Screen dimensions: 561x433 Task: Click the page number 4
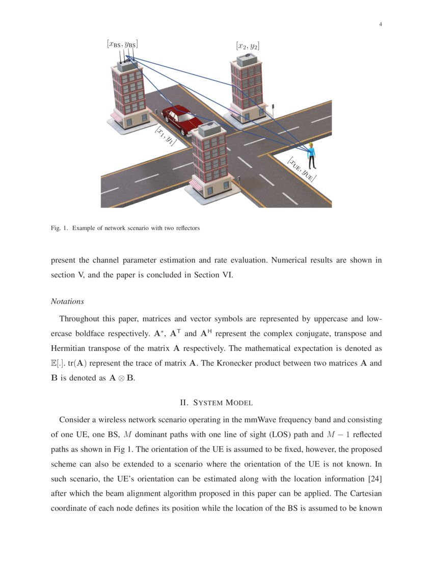coord(381,24)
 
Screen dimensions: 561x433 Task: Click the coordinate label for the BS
coord(122,44)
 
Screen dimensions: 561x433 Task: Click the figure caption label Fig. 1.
coord(59,228)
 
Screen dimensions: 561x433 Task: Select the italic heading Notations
coord(67,301)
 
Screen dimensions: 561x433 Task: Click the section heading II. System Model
coord(216,403)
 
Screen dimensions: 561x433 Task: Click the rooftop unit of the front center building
coord(208,130)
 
